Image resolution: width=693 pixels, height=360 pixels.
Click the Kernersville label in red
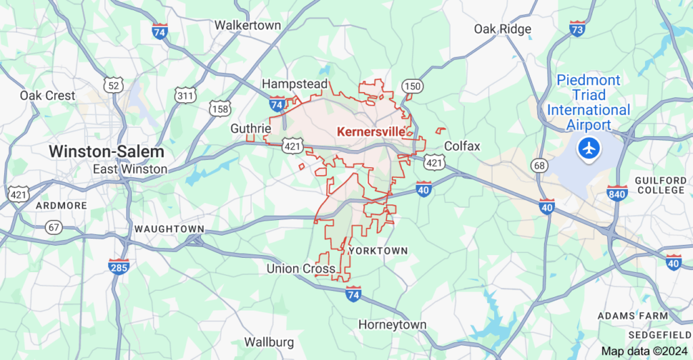pyautogui.click(x=371, y=131)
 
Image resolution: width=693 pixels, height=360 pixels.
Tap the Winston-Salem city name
pyautogui.click(x=106, y=151)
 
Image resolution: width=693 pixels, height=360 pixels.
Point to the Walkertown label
pyautogui.click(x=248, y=25)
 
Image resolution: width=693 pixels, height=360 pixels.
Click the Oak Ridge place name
pyautogui.click(x=502, y=29)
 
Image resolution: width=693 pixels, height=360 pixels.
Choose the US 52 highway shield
pyautogui.click(x=114, y=84)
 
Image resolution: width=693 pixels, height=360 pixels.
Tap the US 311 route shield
pyautogui.click(x=184, y=95)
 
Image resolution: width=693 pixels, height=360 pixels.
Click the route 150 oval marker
pyautogui.click(x=411, y=86)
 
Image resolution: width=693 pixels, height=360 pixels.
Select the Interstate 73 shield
pyautogui.click(x=577, y=29)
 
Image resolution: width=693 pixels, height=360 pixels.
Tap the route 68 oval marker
pyautogui.click(x=539, y=165)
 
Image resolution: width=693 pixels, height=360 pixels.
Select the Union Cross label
pyautogui.click(x=300, y=269)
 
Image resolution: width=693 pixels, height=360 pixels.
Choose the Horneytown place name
pyautogui.click(x=393, y=325)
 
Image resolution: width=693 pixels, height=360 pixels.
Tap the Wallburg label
pyautogui.click(x=269, y=341)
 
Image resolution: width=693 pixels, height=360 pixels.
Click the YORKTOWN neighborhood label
pyautogui.click(x=378, y=250)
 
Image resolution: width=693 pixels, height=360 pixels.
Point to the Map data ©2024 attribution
pyautogui.click(x=643, y=351)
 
